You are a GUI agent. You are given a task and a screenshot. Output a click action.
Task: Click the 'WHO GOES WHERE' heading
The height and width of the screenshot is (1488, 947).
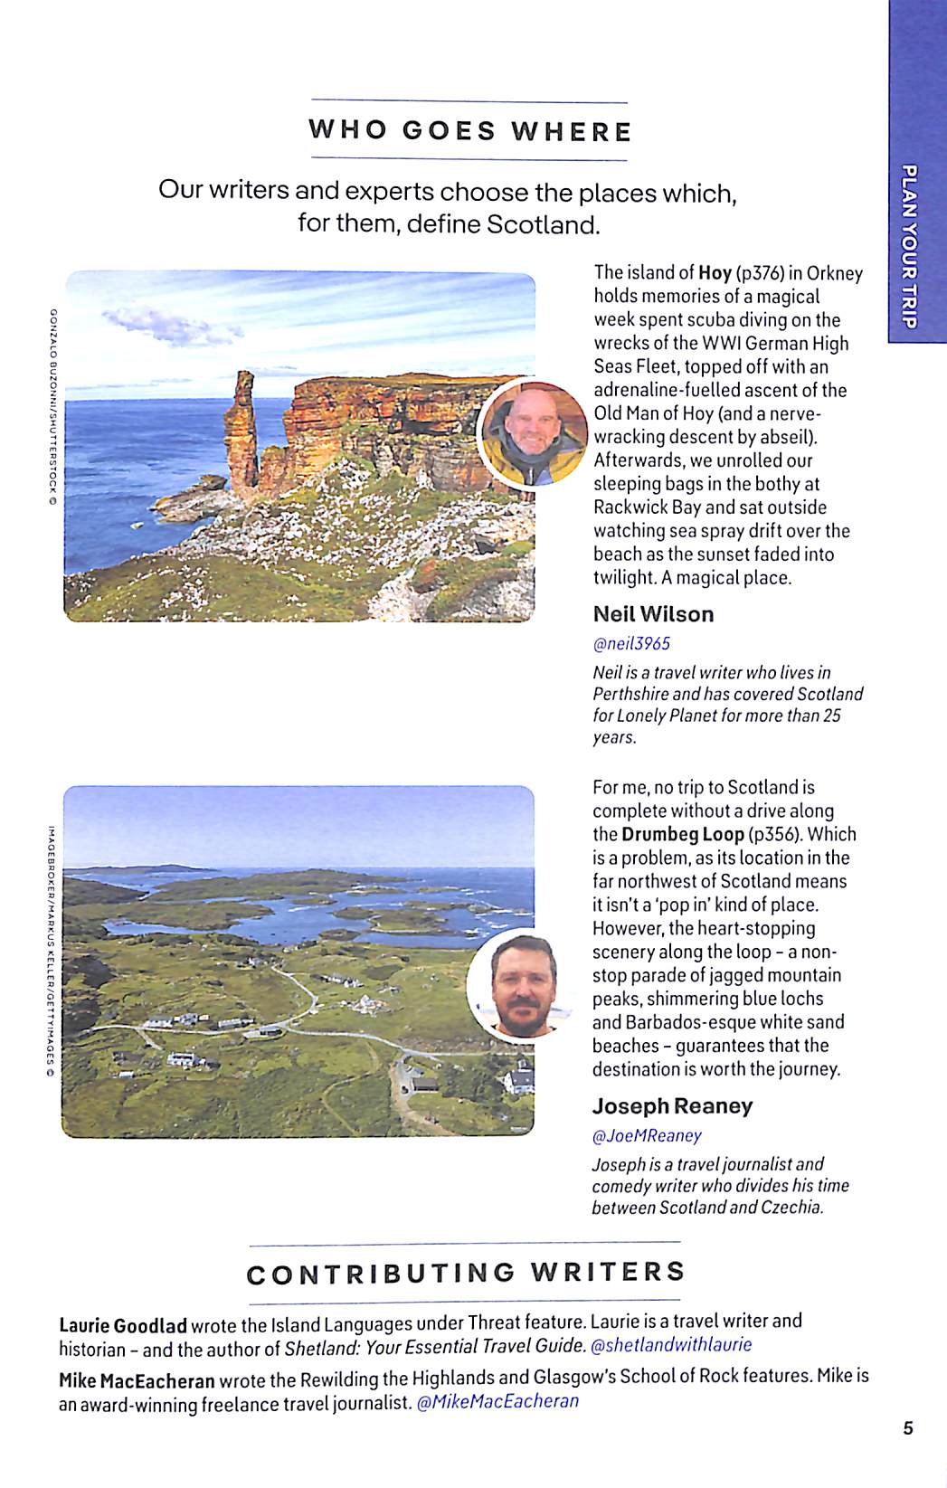tap(469, 131)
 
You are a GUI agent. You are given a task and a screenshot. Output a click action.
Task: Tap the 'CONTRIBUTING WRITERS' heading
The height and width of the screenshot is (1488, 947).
tap(466, 1274)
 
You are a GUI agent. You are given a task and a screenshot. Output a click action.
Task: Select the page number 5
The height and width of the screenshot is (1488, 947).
tap(908, 1428)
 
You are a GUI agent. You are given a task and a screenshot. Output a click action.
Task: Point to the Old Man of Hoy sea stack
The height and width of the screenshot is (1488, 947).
tap(241, 434)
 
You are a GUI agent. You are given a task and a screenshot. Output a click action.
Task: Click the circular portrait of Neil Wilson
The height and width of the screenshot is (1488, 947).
tap(533, 433)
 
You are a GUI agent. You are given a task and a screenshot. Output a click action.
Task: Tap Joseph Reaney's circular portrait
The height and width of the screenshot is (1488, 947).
tap(521, 986)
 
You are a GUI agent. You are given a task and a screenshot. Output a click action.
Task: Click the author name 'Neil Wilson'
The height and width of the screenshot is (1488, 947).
tap(653, 614)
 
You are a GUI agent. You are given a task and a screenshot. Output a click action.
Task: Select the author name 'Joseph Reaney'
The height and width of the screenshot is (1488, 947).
tap(672, 1106)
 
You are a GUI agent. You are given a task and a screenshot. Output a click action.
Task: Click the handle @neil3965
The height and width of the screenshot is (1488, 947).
tap(631, 644)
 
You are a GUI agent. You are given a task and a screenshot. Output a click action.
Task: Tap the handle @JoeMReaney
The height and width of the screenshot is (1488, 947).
tap(647, 1136)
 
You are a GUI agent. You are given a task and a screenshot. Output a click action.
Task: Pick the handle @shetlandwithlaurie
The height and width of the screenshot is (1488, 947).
tap(671, 1345)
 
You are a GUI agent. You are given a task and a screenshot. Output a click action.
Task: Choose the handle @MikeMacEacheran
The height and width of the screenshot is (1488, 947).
tap(497, 1402)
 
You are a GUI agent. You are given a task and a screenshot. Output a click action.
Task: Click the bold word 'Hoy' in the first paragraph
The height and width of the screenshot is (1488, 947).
tap(715, 273)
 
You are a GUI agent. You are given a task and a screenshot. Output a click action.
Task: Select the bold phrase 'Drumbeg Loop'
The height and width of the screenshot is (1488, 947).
tap(682, 835)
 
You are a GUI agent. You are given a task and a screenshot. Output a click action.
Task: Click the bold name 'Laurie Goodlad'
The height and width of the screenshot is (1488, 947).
tap(123, 1326)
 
